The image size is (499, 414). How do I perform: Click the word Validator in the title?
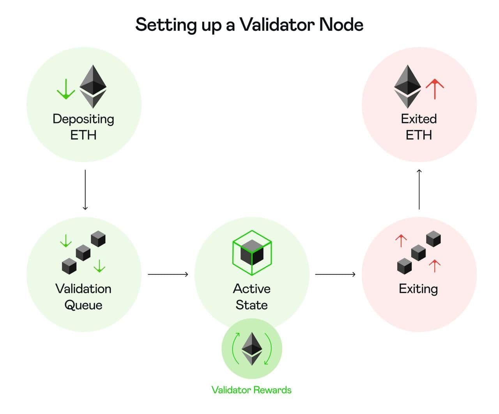pyautogui.click(x=277, y=25)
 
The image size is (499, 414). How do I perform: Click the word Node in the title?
pyautogui.click(x=341, y=25)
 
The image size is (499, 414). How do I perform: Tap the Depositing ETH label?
pyautogui.click(x=83, y=127)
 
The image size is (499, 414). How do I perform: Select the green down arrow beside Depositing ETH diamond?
pyautogui.click(x=66, y=89)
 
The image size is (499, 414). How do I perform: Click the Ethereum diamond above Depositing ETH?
pyautogui.click(x=93, y=86)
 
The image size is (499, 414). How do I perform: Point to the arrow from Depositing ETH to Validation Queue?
pyautogui.click(x=85, y=190)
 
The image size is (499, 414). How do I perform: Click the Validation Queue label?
pyautogui.click(x=83, y=297)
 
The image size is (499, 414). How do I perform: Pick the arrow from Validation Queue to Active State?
pyautogui.click(x=168, y=274)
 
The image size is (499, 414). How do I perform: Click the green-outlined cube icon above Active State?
pyautogui.click(x=252, y=253)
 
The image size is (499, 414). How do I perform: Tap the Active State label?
pyautogui.click(x=252, y=297)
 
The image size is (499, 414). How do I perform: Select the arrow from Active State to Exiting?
pyautogui.click(x=335, y=274)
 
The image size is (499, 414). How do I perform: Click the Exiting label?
pyautogui.click(x=418, y=289)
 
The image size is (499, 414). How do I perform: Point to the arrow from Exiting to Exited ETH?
pyautogui.click(x=419, y=189)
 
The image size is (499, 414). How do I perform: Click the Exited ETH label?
pyautogui.click(x=419, y=127)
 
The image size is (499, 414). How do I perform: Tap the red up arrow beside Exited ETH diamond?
pyautogui.click(x=435, y=89)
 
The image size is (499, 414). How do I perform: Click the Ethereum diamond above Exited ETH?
pyautogui.click(x=407, y=86)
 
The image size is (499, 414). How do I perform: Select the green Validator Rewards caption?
pyautogui.click(x=251, y=390)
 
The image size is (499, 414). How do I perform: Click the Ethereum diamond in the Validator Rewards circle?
pyautogui.click(x=252, y=349)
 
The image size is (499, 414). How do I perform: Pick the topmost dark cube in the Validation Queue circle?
pyautogui.click(x=98, y=239)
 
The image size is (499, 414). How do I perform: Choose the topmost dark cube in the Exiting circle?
pyautogui.click(x=434, y=239)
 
